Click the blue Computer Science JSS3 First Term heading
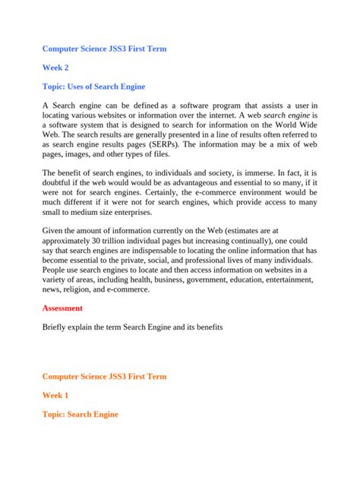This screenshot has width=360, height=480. click(103, 49)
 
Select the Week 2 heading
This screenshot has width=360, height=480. click(57, 68)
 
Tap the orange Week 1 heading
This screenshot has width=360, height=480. click(55, 396)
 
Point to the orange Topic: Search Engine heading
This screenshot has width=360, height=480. click(80, 415)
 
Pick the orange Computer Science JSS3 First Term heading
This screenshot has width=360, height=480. click(103, 376)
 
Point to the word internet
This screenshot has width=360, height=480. click(219, 112)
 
